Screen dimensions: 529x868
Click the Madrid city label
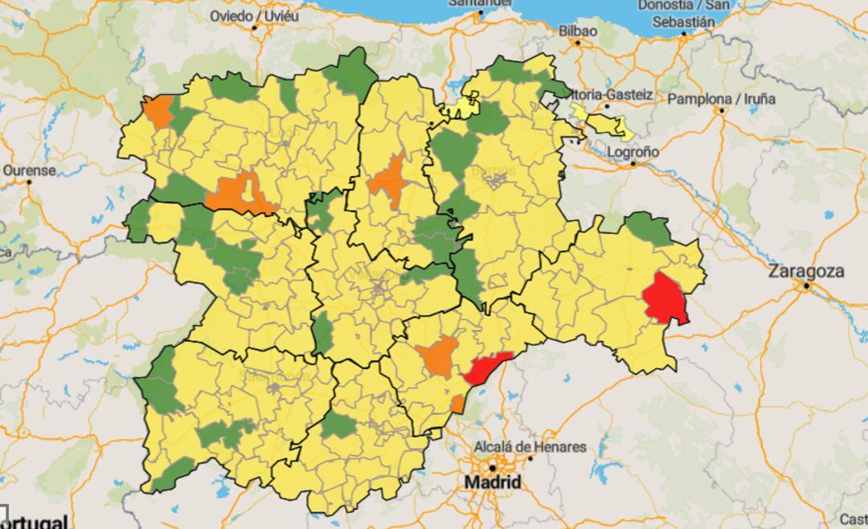(492, 483)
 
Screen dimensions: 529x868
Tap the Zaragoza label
(806, 271)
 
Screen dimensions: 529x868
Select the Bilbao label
(578, 31)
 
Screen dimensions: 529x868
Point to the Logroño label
(633, 151)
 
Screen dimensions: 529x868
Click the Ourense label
(29, 170)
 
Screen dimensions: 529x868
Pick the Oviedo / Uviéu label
(253, 15)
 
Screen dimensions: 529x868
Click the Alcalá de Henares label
(530, 447)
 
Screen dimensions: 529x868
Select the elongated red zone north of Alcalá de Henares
(486, 367)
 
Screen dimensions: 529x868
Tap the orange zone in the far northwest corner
(159, 113)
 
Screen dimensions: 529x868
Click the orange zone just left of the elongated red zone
(438, 356)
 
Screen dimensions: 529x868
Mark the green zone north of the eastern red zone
(649, 229)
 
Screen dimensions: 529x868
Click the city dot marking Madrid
(493, 467)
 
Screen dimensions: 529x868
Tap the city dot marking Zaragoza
(805, 285)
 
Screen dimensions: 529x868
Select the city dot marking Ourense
(29, 182)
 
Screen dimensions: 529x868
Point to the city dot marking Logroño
(633, 163)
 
